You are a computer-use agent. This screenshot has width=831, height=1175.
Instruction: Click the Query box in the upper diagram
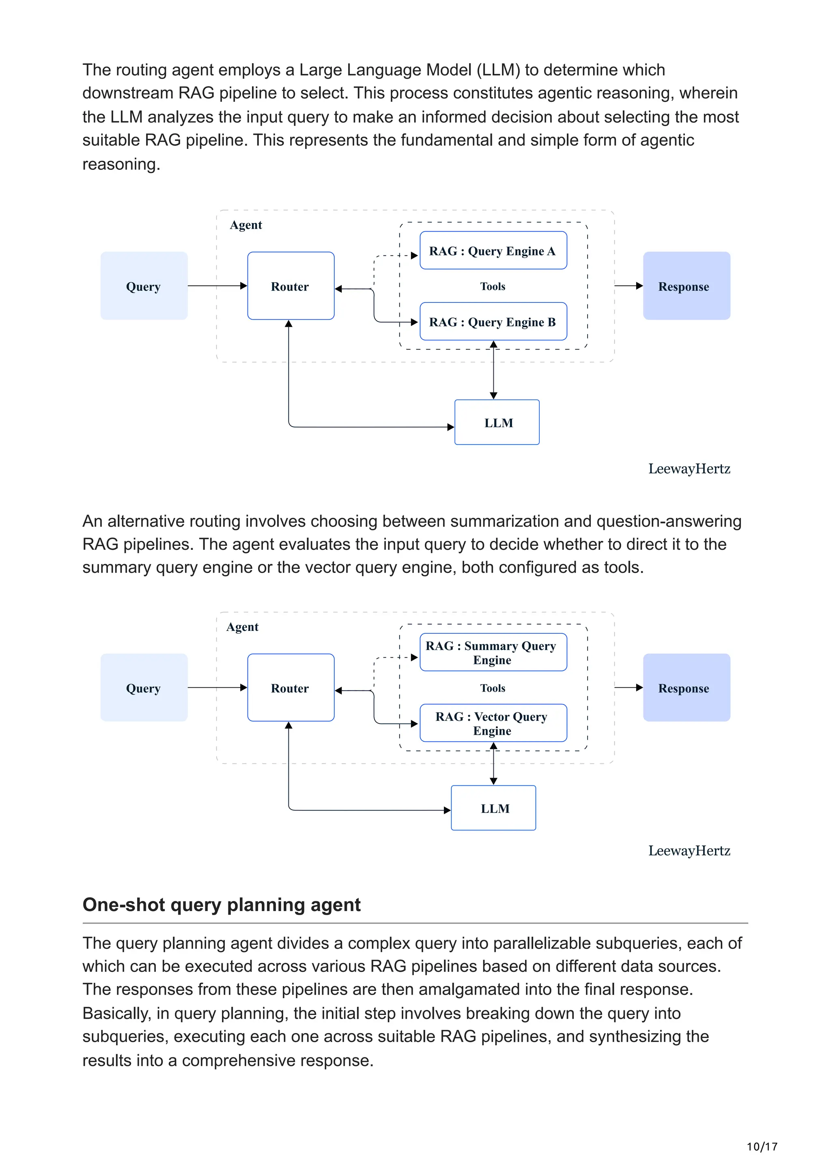(144, 286)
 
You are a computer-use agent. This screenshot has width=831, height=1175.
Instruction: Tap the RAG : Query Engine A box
(493, 251)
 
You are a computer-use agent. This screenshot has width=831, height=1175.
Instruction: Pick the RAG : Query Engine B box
(493, 322)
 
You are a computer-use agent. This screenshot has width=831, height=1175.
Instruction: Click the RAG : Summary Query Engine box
(493, 652)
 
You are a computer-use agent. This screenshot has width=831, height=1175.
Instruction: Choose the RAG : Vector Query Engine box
(493, 723)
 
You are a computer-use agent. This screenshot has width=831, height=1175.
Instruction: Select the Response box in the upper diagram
(686, 286)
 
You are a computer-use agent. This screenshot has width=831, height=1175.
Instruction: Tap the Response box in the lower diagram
(686, 688)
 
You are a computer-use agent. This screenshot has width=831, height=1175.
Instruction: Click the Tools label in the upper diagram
(493, 287)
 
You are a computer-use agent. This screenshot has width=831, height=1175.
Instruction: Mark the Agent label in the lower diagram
(242, 627)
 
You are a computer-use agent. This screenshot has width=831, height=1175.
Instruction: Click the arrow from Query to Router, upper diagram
(217, 285)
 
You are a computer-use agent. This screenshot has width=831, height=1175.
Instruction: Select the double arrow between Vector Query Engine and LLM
(493, 764)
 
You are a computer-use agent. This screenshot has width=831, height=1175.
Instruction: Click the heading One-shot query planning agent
(221, 905)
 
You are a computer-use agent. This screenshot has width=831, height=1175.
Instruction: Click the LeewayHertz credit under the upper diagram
(689, 469)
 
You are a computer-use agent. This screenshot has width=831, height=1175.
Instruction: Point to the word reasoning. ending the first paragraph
(121, 164)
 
